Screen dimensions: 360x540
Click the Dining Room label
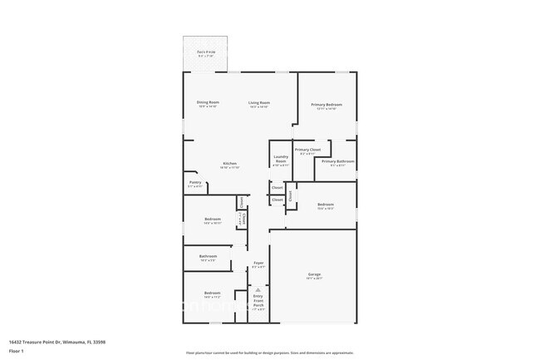(208, 102)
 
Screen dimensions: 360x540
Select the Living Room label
(258, 102)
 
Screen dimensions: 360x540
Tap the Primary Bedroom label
(326, 104)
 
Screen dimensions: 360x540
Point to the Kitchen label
(229, 163)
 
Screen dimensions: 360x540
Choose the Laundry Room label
(281, 158)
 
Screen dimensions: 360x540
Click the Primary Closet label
(307, 150)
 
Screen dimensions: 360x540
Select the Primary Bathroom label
(338, 160)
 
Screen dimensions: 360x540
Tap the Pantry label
(194, 182)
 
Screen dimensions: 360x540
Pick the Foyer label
(258, 262)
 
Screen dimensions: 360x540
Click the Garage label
(314, 274)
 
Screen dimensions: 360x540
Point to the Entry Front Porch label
(258, 300)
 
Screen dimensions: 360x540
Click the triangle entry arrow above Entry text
(258, 289)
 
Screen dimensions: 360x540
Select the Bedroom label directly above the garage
(325, 204)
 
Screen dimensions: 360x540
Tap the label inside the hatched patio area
(206, 52)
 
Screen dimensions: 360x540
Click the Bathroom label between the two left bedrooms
(208, 256)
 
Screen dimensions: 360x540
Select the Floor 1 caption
(17, 352)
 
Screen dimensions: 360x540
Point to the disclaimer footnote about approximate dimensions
(270, 353)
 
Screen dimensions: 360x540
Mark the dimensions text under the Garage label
(314, 279)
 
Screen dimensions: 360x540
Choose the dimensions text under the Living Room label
(258, 107)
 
